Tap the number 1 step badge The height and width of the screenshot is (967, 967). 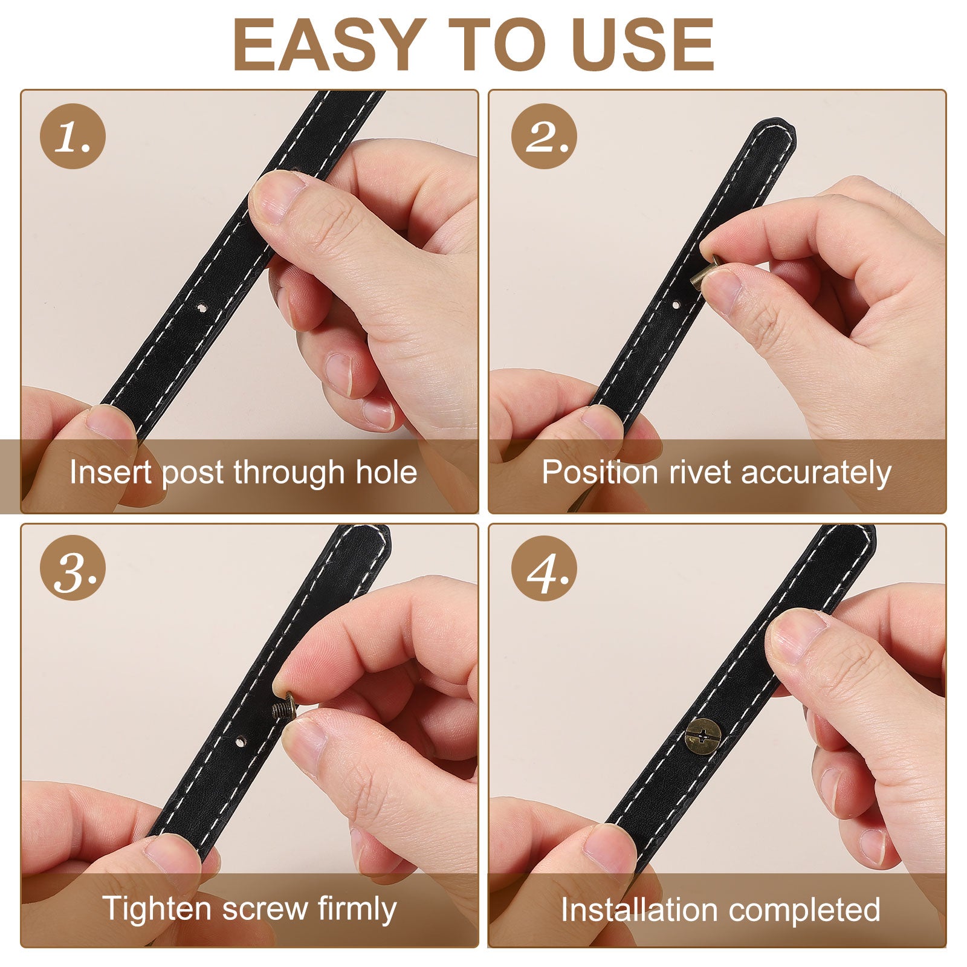73,136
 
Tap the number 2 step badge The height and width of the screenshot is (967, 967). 544,136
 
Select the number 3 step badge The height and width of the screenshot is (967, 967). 73,568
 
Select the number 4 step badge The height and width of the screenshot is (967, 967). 544,568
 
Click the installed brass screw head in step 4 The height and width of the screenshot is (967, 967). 703,736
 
